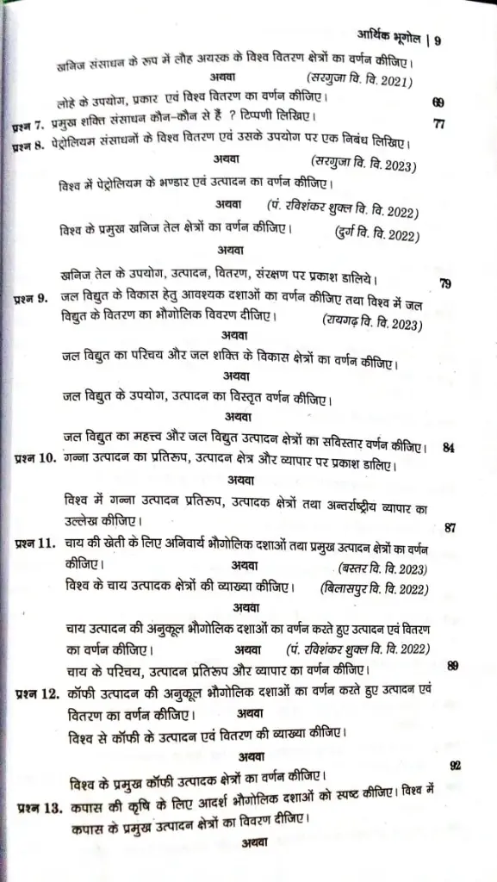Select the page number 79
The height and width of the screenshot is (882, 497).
tap(444, 283)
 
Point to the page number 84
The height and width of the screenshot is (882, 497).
tap(448, 448)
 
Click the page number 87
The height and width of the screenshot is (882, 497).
tap(450, 526)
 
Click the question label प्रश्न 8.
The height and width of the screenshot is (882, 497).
tap(31, 147)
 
